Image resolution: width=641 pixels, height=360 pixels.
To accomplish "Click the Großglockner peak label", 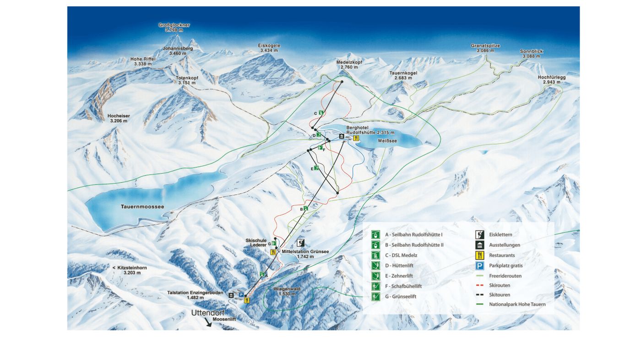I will point(174,27).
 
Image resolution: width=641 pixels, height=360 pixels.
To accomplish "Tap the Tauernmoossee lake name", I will point(142,207).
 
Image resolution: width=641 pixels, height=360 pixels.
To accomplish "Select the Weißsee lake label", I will point(387,141).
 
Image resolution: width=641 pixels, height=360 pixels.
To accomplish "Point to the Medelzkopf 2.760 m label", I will point(349,65).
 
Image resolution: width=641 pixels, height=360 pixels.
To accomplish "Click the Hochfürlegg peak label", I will point(552,80).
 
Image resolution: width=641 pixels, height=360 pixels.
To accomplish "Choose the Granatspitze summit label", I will point(485,48).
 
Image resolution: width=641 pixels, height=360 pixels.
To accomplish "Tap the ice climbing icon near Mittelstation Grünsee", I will point(301,243).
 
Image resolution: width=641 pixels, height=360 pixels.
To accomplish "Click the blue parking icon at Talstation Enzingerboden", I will point(241,295).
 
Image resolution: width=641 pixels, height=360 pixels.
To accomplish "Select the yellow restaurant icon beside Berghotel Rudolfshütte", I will point(356,138).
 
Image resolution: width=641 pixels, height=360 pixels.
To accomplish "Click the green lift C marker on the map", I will point(321,113).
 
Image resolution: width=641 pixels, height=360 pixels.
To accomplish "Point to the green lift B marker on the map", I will point(305,208).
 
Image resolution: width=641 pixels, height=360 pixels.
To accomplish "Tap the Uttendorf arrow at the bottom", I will point(208,322).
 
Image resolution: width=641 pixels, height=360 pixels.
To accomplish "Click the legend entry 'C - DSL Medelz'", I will point(401,255).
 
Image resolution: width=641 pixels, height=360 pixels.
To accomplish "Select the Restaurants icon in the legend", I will point(480,256).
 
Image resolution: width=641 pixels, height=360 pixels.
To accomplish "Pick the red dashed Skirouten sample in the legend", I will point(480,285).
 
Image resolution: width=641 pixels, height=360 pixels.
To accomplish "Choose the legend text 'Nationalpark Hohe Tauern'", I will point(517,304).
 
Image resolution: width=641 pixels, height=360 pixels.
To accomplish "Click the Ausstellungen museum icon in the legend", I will point(480,245).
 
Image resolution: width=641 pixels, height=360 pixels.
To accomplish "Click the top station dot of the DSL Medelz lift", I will point(342,82).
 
